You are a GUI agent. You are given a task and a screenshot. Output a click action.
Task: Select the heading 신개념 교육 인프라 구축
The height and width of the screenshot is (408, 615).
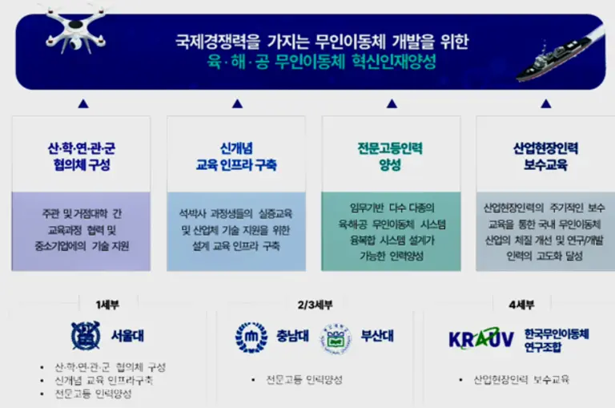[236, 156]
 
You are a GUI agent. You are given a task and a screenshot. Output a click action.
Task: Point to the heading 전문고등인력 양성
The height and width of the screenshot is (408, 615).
[390, 156]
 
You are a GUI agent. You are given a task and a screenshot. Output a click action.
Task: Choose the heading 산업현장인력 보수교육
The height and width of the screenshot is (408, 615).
[545, 156]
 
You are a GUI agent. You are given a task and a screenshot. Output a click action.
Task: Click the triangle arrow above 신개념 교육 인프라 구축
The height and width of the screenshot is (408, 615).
[236, 103]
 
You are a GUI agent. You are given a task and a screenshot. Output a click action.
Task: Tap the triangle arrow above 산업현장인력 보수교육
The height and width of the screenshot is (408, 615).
[545, 103]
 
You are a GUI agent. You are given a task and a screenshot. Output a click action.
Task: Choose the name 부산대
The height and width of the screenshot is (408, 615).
[376, 337]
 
